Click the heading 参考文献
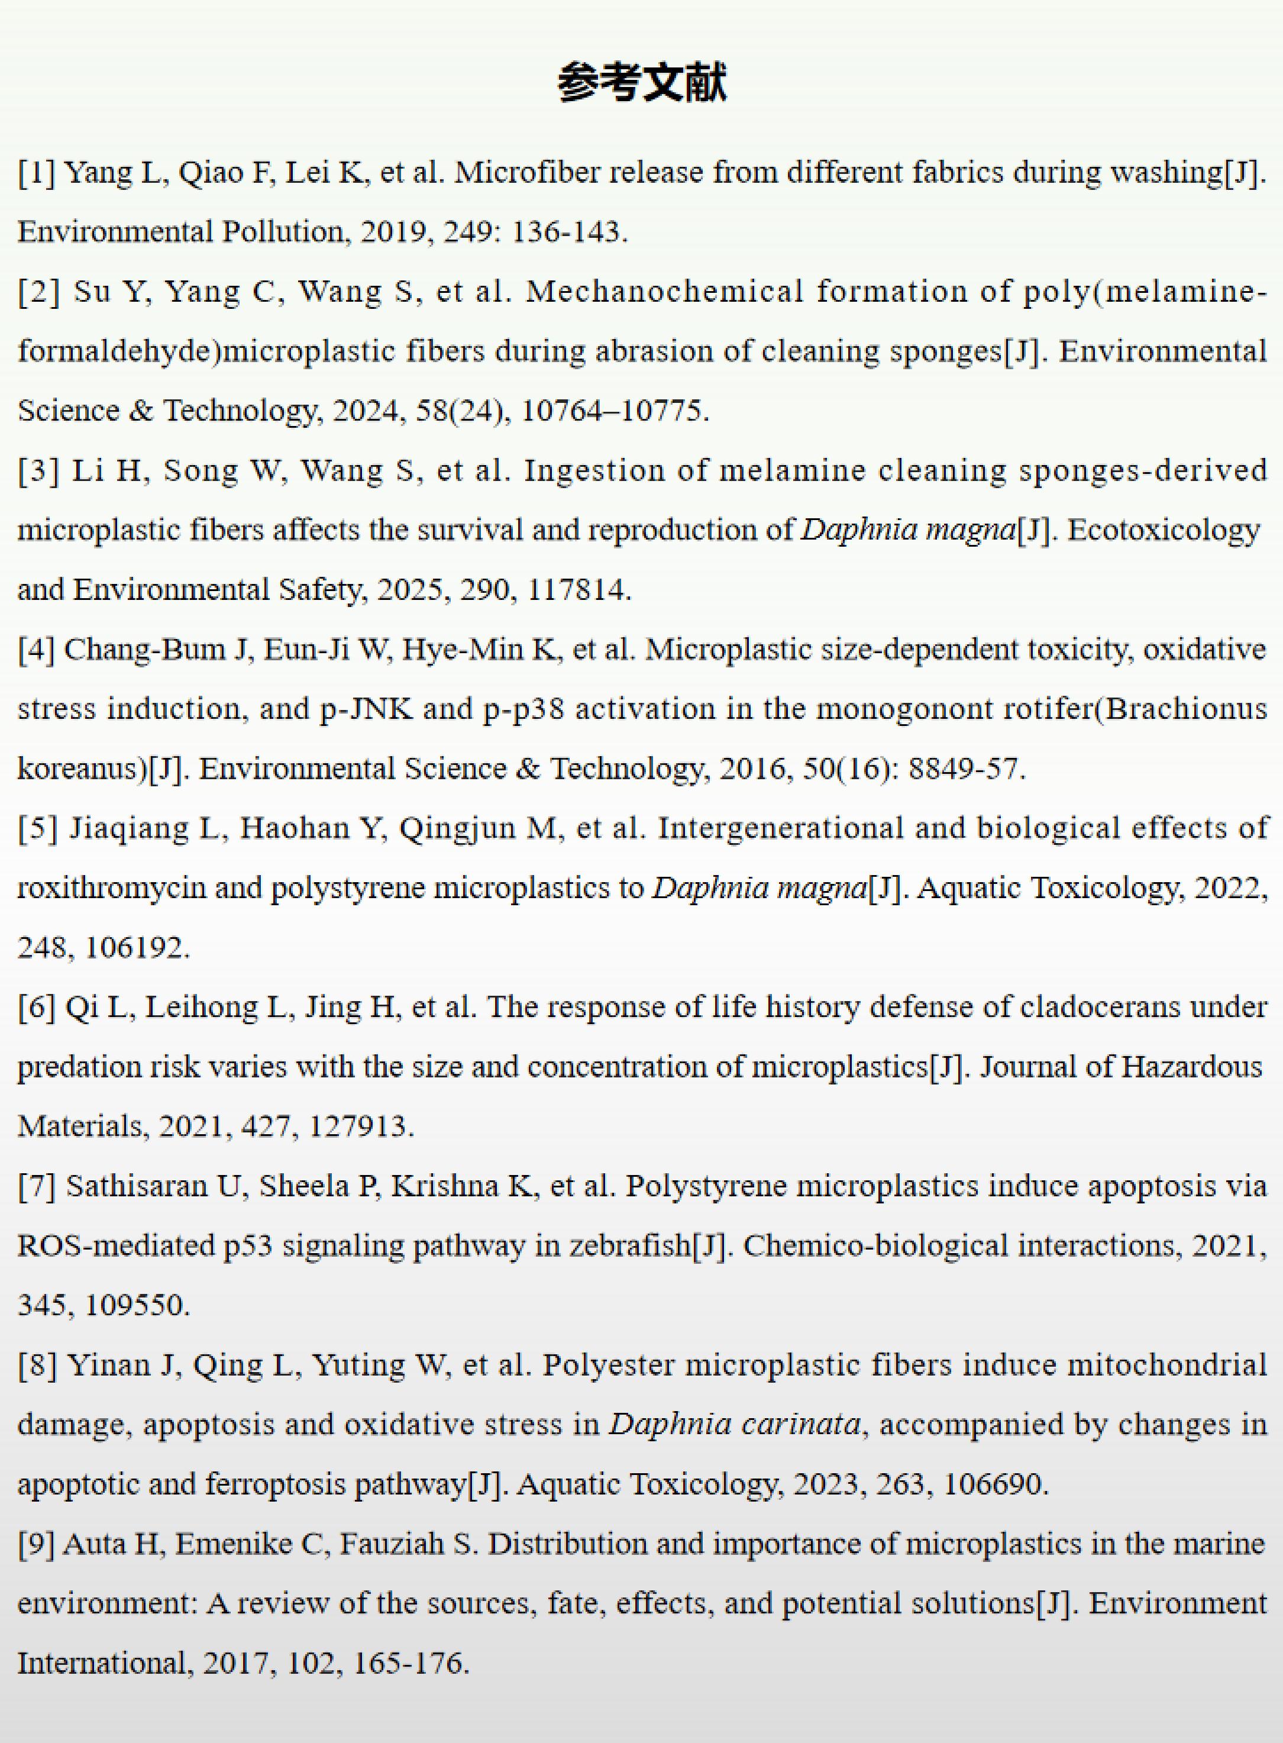(641, 83)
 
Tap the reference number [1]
(37, 172)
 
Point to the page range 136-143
(568, 231)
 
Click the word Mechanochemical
(664, 291)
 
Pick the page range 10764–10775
(613, 410)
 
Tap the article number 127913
(361, 1127)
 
